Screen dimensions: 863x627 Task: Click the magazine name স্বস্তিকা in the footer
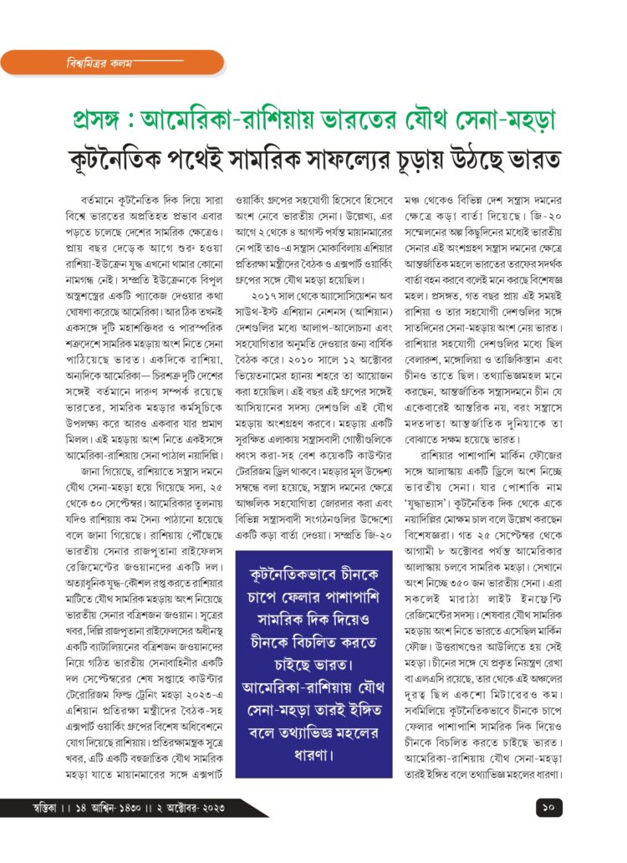(x=43, y=809)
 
